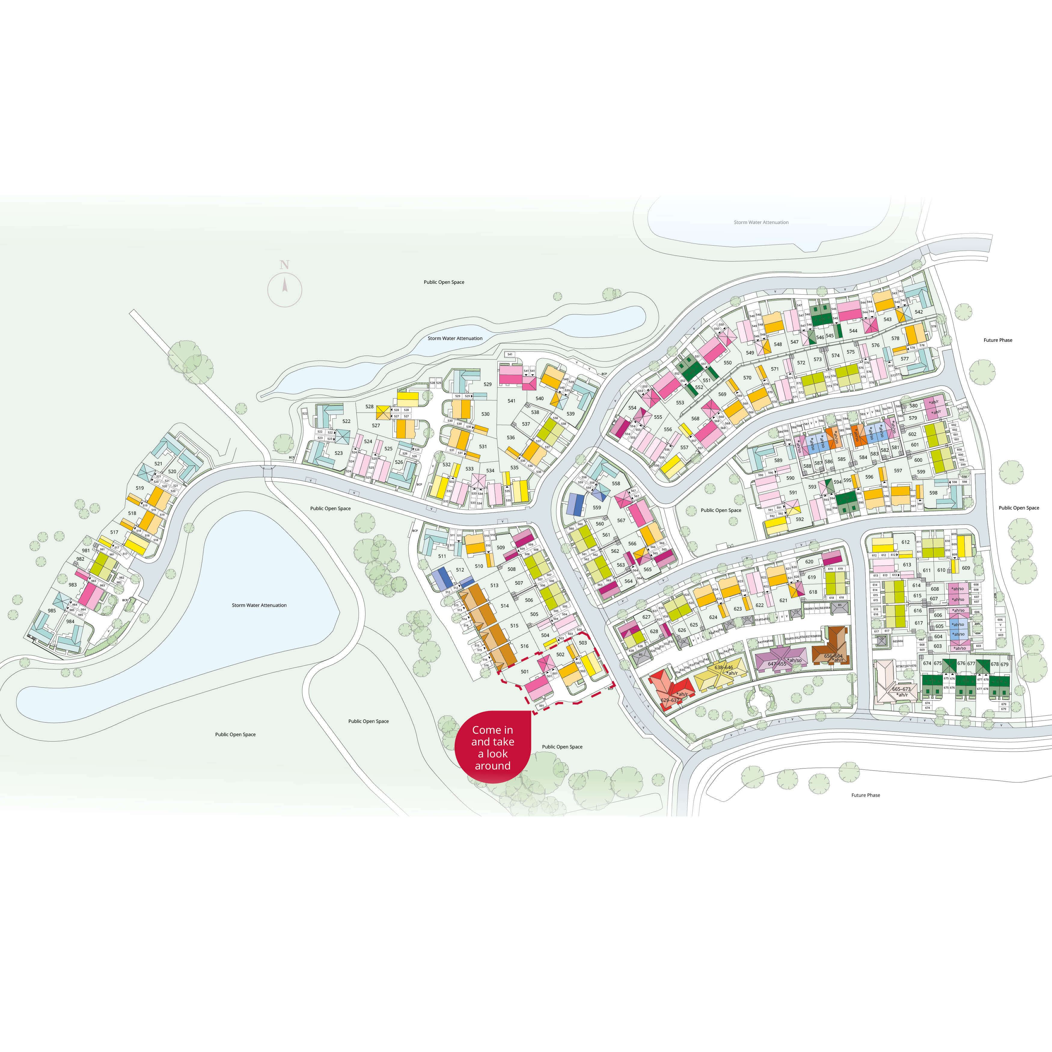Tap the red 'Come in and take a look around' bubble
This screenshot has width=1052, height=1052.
click(x=493, y=747)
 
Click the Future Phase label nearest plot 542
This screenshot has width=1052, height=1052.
click(x=998, y=340)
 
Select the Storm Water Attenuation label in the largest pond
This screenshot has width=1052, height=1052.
click(x=259, y=605)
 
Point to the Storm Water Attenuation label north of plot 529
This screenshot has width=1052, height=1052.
click(x=455, y=338)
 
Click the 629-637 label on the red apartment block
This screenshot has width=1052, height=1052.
click(x=669, y=700)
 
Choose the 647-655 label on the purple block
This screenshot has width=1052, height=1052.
click(x=777, y=664)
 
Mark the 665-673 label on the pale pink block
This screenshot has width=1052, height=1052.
click(x=901, y=689)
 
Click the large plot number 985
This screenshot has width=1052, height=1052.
click(x=52, y=610)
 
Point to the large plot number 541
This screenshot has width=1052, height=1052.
click(x=511, y=401)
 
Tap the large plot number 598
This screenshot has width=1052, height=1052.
click(x=933, y=493)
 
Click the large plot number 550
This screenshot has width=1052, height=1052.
click(x=727, y=363)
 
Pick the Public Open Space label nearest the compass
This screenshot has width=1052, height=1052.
click(x=444, y=282)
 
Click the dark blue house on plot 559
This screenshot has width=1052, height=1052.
click(x=576, y=504)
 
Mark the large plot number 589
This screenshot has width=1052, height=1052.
click(x=778, y=460)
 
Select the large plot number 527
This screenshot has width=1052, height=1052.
click(x=376, y=425)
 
